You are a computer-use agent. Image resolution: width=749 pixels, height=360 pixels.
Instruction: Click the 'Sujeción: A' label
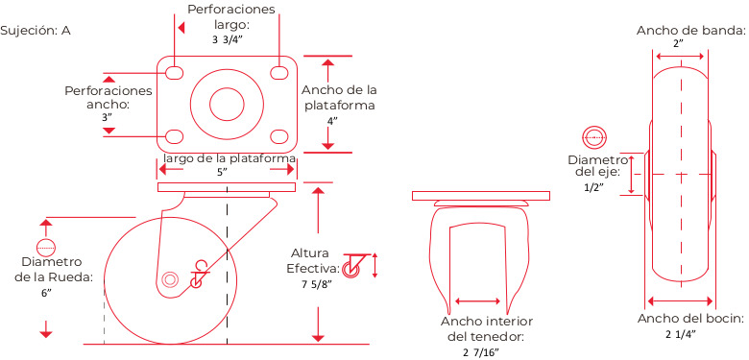coord(36,31)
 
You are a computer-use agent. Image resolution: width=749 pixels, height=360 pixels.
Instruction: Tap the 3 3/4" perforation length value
coord(229,40)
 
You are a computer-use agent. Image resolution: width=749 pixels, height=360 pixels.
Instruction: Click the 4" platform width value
coord(332,120)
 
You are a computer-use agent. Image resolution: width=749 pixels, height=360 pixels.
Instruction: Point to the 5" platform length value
coord(221,173)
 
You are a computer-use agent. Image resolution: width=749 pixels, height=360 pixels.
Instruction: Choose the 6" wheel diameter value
coord(46,293)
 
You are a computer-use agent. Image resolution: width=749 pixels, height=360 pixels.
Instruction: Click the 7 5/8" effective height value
coord(316,285)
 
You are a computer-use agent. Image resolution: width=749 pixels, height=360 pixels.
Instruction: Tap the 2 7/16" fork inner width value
coord(480,353)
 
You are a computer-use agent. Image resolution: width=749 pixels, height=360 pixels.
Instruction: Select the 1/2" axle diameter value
coord(593,187)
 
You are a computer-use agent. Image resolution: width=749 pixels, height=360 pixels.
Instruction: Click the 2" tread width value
coord(679,44)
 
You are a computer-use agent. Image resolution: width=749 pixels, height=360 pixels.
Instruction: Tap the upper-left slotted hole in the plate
coord(175,73)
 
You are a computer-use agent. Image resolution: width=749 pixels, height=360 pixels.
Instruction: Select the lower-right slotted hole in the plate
coord(279,136)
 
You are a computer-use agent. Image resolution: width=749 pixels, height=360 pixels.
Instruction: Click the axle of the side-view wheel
coord(169,278)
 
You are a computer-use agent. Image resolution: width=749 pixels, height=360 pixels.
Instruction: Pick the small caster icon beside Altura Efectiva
coord(352,266)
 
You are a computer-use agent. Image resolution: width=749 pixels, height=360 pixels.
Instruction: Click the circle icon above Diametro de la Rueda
coord(46,247)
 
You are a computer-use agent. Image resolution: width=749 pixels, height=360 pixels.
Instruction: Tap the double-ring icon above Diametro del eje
coord(593,137)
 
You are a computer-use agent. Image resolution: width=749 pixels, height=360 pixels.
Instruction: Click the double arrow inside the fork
coord(477,300)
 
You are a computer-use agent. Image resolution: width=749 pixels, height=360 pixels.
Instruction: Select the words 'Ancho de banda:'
coord(691,31)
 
